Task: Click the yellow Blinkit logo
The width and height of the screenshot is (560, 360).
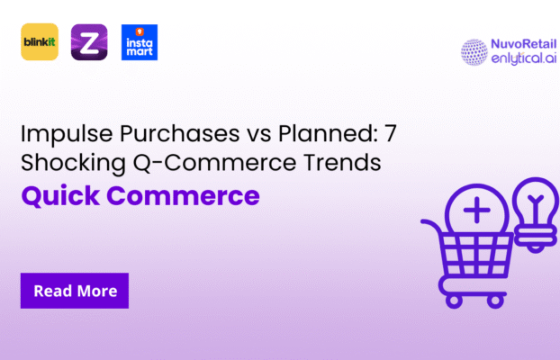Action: pyautogui.click(x=40, y=42)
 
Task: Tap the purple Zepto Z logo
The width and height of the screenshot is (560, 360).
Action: pyautogui.click(x=89, y=42)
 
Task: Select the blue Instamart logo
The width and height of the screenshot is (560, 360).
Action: pyautogui.click(x=139, y=42)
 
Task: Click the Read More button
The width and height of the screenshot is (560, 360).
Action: pyautogui.click(x=75, y=291)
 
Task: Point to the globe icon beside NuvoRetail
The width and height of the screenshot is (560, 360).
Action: pyautogui.click(x=474, y=52)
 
